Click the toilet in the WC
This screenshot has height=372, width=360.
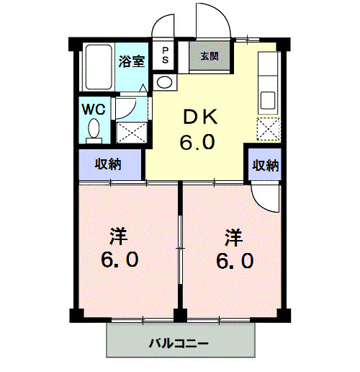point(94,130)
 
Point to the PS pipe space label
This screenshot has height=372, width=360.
point(165,56)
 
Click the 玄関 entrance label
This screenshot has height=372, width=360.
point(209,56)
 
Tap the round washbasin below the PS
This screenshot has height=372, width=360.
point(165,82)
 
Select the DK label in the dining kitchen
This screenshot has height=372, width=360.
point(196,118)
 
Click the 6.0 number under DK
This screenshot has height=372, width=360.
point(196,142)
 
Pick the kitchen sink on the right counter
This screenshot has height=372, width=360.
point(268,99)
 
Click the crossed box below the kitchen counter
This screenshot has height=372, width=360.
point(268,130)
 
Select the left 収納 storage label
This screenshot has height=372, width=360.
point(109,164)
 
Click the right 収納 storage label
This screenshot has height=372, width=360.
point(264,164)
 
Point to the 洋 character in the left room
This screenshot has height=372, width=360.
point(119,234)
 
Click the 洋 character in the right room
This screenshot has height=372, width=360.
point(233,235)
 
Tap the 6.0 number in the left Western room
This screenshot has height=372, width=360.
point(119,260)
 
